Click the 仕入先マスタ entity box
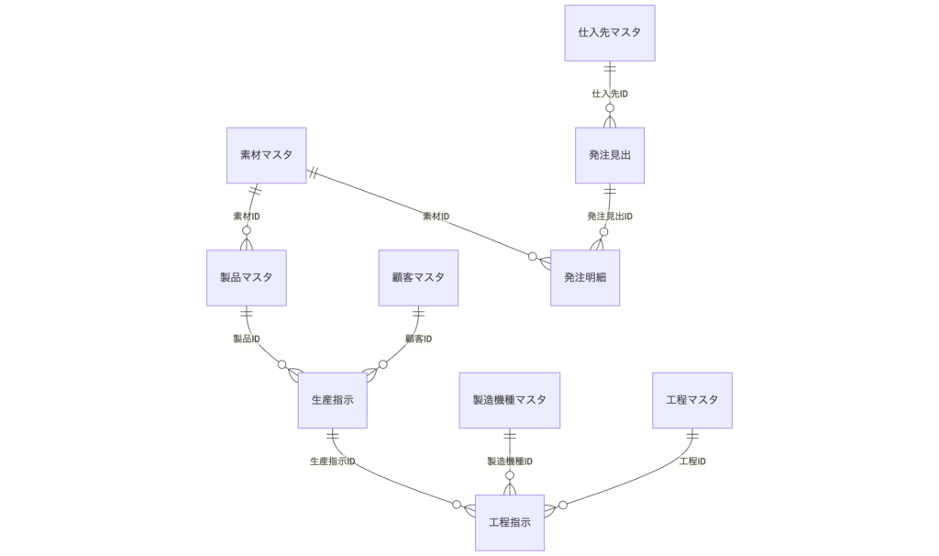click(609, 32)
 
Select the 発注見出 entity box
click(609, 155)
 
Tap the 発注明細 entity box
click(585, 277)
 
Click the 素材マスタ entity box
click(266, 155)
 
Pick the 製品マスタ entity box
click(246, 277)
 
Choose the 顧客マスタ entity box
click(418, 277)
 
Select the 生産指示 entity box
click(332, 400)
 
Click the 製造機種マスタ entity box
click(509, 400)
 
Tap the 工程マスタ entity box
click(691, 400)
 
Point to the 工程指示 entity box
click(509, 523)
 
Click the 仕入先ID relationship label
click(609, 94)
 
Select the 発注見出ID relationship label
click(609, 217)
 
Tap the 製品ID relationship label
click(246, 339)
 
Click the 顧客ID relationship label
click(418, 339)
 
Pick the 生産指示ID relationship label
click(332, 461)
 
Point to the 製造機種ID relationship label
click(509, 461)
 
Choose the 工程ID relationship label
click(691, 461)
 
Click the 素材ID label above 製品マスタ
click(246, 217)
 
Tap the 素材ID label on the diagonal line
click(436, 217)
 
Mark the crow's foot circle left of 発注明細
click(533, 256)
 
